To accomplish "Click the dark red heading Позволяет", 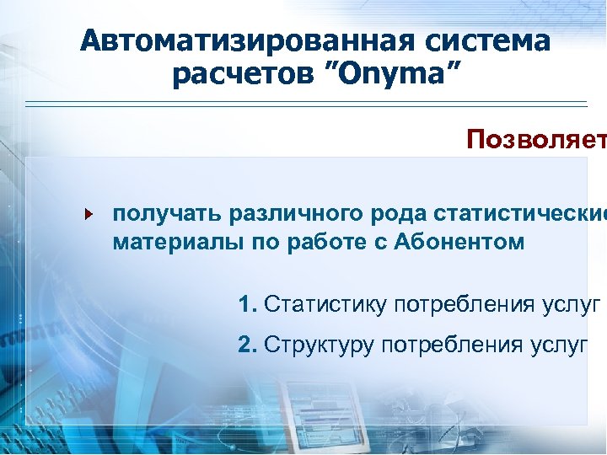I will click(x=535, y=139).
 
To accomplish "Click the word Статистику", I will click(x=325, y=304).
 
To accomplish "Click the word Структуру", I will click(x=320, y=344).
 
